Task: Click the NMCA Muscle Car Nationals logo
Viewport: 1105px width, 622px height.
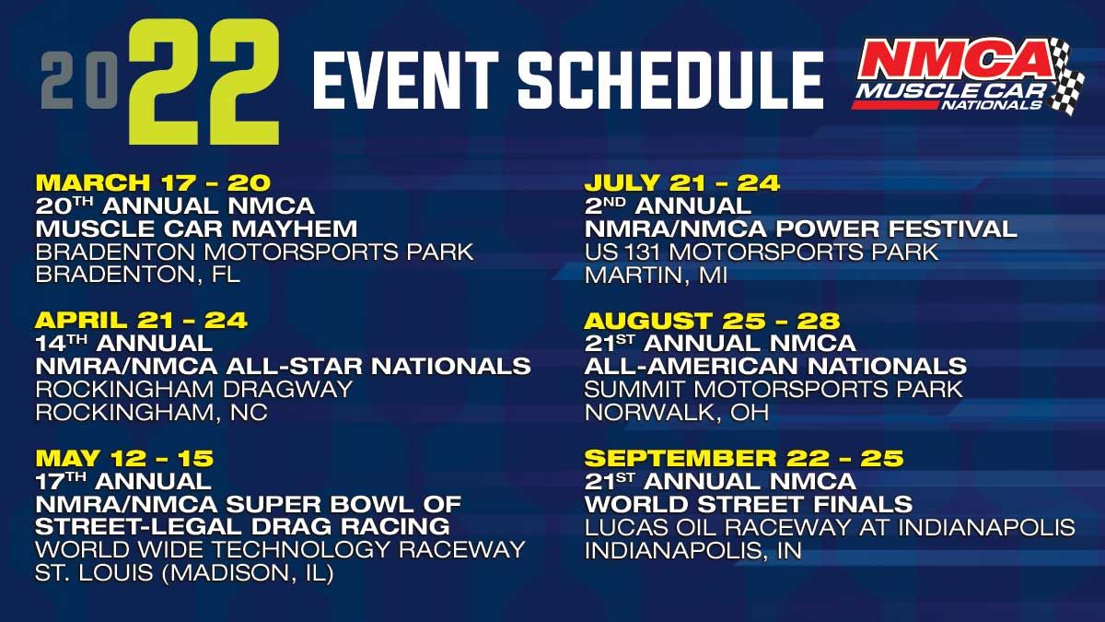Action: pyautogui.click(x=968, y=76)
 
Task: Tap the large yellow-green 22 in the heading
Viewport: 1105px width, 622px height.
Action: pyautogui.click(x=204, y=82)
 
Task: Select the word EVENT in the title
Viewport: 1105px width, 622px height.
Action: pyautogui.click(x=405, y=80)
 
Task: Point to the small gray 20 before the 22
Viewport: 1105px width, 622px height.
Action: pyautogui.click(x=79, y=80)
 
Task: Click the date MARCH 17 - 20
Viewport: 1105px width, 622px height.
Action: pyautogui.click(x=153, y=182)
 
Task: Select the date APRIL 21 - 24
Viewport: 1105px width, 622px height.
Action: pyautogui.click(x=141, y=321)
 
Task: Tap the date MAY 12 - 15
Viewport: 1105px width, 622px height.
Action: pyautogui.click(x=124, y=458)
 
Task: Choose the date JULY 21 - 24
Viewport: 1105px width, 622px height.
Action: pyautogui.click(x=681, y=182)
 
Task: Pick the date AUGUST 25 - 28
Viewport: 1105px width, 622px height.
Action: pyautogui.click(x=712, y=321)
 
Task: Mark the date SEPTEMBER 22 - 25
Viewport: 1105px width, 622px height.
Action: pyautogui.click(x=744, y=458)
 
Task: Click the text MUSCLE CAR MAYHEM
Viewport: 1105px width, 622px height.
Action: pyautogui.click(x=196, y=229)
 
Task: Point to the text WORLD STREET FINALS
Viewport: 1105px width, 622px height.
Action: pyautogui.click(x=749, y=504)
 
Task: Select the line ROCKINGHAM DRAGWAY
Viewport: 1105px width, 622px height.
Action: pyautogui.click(x=194, y=390)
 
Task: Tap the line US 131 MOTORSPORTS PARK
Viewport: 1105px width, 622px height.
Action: pyautogui.click(x=762, y=252)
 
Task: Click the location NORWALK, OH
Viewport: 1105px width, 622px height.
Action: pyautogui.click(x=676, y=413)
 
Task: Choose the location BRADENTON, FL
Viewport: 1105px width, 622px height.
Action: pyautogui.click(x=137, y=275)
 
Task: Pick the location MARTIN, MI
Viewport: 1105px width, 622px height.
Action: pyautogui.click(x=656, y=275)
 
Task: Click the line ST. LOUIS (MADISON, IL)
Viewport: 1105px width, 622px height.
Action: pyautogui.click(x=184, y=573)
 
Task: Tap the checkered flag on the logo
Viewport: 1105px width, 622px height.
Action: pyautogui.click(x=1066, y=77)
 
